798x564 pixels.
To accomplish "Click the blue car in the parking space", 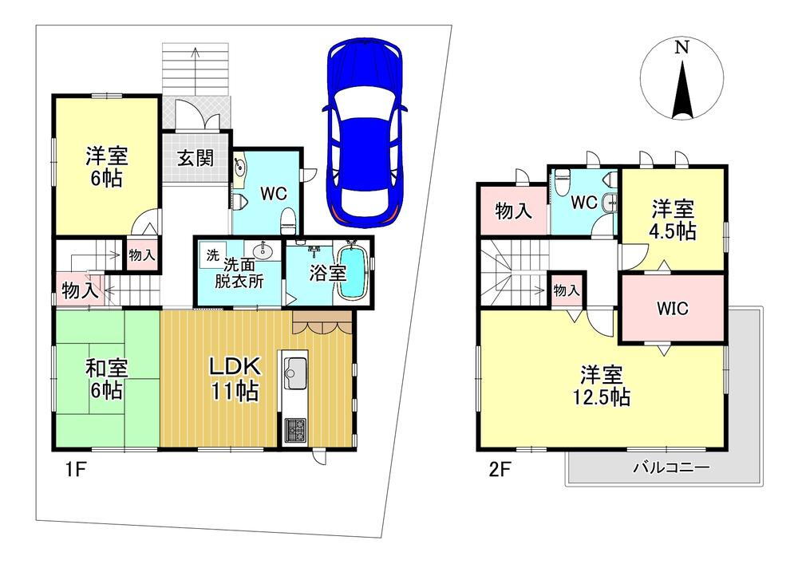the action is click(365, 134).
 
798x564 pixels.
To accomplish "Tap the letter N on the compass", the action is click(681, 48).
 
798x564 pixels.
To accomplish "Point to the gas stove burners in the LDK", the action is click(294, 430).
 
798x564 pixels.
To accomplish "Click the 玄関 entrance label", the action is click(196, 159).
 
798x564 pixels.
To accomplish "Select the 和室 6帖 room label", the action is click(106, 380).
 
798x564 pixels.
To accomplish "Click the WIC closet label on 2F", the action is click(672, 308).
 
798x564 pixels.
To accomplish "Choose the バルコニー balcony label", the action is click(671, 467).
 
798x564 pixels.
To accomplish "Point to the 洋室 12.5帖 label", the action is click(602, 386).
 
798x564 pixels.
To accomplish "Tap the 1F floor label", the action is click(75, 469).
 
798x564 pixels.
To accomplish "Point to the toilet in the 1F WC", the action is click(288, 219).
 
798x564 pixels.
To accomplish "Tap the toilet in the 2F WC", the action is click(561, 183).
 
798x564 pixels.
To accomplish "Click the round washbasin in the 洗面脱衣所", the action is click(263, 250).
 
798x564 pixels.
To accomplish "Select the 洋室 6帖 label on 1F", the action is click(106, 167).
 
